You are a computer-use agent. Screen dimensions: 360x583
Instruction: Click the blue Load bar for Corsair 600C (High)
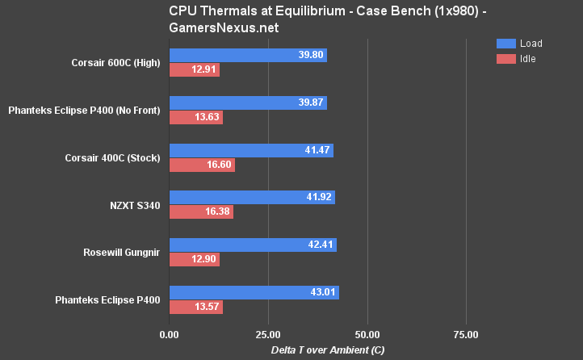[x=248, y=55]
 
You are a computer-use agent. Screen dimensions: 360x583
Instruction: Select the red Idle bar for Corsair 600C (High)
[x=195, y=70]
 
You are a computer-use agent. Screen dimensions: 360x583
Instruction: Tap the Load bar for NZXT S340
[x=252, y=197]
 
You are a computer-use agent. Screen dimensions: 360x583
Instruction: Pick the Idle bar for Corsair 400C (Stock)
[x=202, y=165]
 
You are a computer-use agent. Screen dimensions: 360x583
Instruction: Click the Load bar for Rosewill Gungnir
[x=253, y=245]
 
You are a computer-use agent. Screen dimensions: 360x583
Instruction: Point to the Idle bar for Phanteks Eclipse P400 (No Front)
[x=196, y=118]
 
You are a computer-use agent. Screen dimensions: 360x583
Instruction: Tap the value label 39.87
[x=311, y=103]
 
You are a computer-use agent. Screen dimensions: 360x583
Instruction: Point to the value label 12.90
[x=204, y=260]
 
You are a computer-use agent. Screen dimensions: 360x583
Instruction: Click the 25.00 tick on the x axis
[x=268, y=334]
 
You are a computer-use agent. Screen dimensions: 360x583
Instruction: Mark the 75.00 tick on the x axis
[x=466, y=334]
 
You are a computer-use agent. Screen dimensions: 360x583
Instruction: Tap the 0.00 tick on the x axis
[x=170, y=334]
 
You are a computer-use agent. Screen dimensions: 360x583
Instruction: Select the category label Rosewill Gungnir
[x=121, y=252]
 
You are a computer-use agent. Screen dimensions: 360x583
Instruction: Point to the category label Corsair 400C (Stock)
[x=112, y=157]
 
